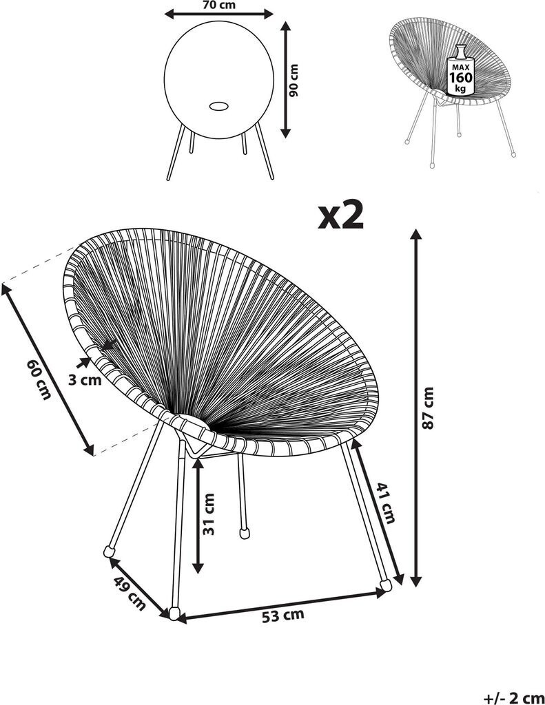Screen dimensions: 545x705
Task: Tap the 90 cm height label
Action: pyautogui.click(x=296, y=81)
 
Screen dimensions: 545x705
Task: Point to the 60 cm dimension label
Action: pyautogui.click(x=39, y=379)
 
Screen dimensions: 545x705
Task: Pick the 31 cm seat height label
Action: pyautogui.click(x=209, y=514)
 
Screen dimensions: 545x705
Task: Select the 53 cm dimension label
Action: pyautogui.click(x=284, y=615)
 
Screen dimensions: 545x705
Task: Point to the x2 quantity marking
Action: pyautogui.click(x=340, y=215)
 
